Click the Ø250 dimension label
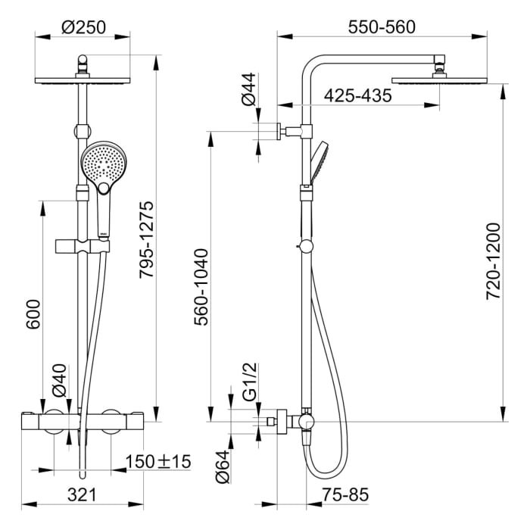click(x=84, y=28)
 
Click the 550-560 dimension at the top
click(x=382, y=27)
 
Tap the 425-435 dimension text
click(x=357, y=96)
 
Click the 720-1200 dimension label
click(x=493, y=261)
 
